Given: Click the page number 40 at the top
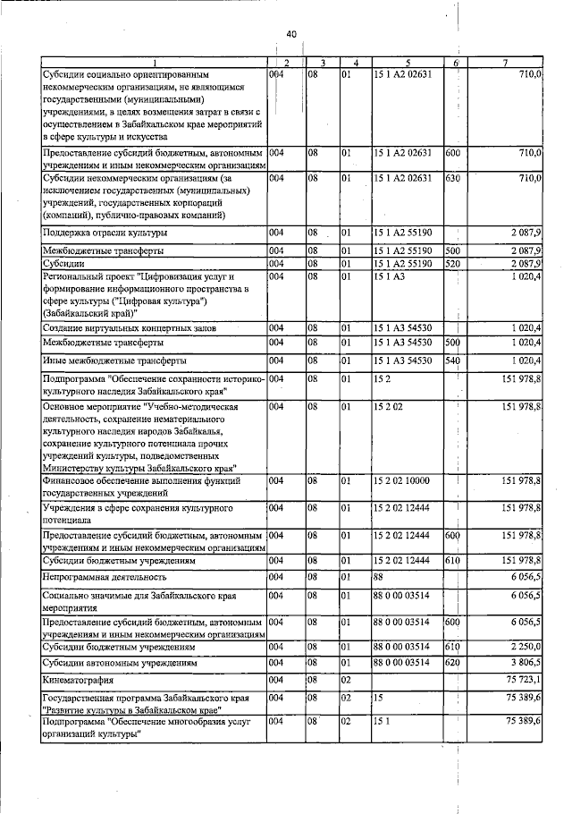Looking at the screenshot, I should click(x=290, y=34).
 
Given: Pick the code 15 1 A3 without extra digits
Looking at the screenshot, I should click(x=390, y=278).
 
